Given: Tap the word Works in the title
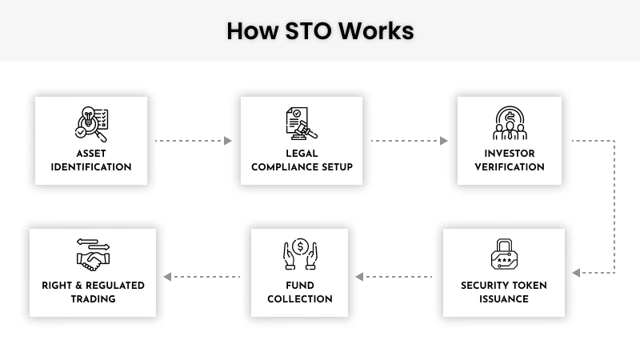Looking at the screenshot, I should point(375,31).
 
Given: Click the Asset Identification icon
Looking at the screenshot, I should point(91,124).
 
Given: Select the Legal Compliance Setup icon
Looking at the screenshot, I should point(302,124).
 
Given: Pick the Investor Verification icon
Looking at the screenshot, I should point(510,124).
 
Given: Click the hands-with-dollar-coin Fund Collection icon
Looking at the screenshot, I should point(300,254).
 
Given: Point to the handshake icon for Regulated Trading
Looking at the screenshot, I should point(93,254).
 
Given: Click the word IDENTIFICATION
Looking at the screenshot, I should point(91,167).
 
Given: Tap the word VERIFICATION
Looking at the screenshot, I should point(510,167).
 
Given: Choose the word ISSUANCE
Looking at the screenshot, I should point(504,299).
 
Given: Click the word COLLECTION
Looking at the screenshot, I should point(300,299).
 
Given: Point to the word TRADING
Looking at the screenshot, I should point(93,299).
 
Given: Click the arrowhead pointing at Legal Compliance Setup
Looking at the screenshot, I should point(228,141).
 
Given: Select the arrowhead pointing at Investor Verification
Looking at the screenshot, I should point(444,141).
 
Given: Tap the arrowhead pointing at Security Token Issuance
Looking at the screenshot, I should point(576,273).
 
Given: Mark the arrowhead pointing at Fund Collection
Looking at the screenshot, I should point(360,277).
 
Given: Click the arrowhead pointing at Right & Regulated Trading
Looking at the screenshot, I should point(167,277).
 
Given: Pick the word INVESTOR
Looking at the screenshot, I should point(510,154).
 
